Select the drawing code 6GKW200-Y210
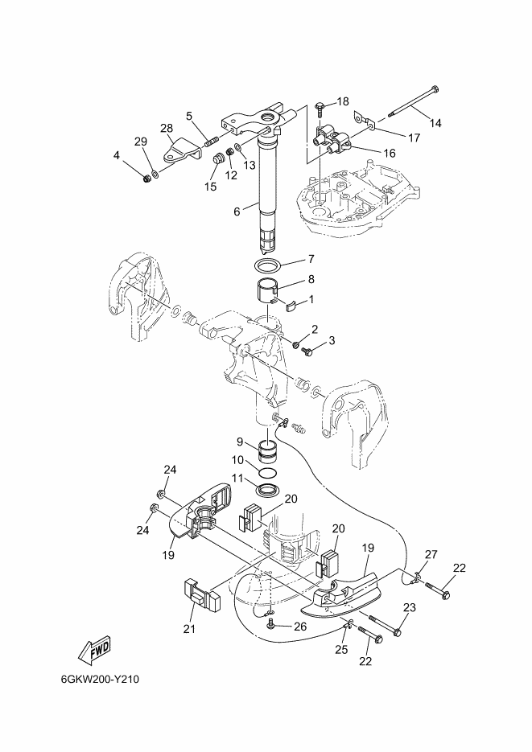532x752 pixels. coord(101,679)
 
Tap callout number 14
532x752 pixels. coord(435,123)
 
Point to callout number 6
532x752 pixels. coord(237,211)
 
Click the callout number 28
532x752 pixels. coord(167,128)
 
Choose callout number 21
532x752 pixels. coord(189,628)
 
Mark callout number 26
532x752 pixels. coord(300,627)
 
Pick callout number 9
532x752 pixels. coord(240,442)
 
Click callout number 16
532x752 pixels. coord(389,153)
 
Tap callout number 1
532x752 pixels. coord(311,300)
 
